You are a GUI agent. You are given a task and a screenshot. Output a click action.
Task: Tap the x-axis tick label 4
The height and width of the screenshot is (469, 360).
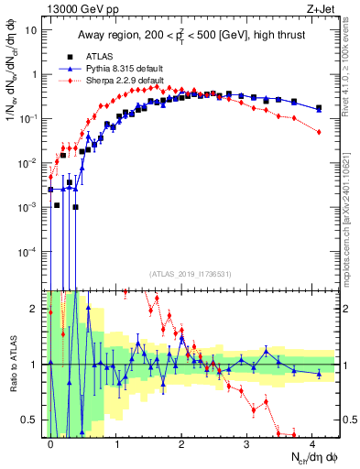[x=312, y=443]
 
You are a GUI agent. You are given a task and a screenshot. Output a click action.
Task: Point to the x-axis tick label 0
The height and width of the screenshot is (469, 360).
[x=50, y=443]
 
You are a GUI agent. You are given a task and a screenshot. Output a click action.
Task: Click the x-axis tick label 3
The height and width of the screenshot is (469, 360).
[x=247, y=443]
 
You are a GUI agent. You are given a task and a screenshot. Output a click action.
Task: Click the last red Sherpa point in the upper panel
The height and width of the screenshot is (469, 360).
[x=319, y=132]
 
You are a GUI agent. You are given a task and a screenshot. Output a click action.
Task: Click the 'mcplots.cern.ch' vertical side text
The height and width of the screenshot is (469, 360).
[x=352, y=229]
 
